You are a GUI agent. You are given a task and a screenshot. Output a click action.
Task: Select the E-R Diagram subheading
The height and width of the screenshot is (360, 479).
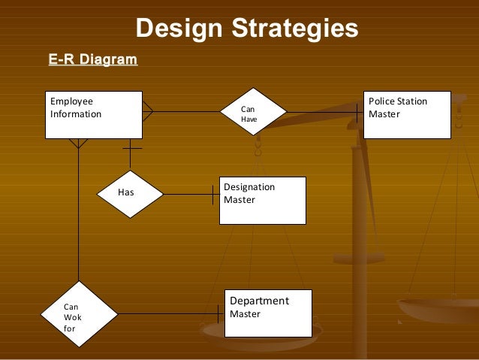coord(92,59)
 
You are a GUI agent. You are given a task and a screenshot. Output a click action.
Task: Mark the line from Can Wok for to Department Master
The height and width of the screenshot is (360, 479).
coord(169,313)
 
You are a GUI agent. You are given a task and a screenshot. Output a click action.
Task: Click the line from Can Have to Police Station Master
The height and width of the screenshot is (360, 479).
coord(323,113)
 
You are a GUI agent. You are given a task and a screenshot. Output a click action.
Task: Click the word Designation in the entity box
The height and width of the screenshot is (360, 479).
coord(249,187)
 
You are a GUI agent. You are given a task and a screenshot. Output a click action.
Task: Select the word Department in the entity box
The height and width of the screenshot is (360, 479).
coord(259,301)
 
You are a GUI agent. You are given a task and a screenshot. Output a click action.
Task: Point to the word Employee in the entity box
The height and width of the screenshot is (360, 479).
coord(71,101)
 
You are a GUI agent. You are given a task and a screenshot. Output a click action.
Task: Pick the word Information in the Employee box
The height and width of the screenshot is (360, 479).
coord(75,114)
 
